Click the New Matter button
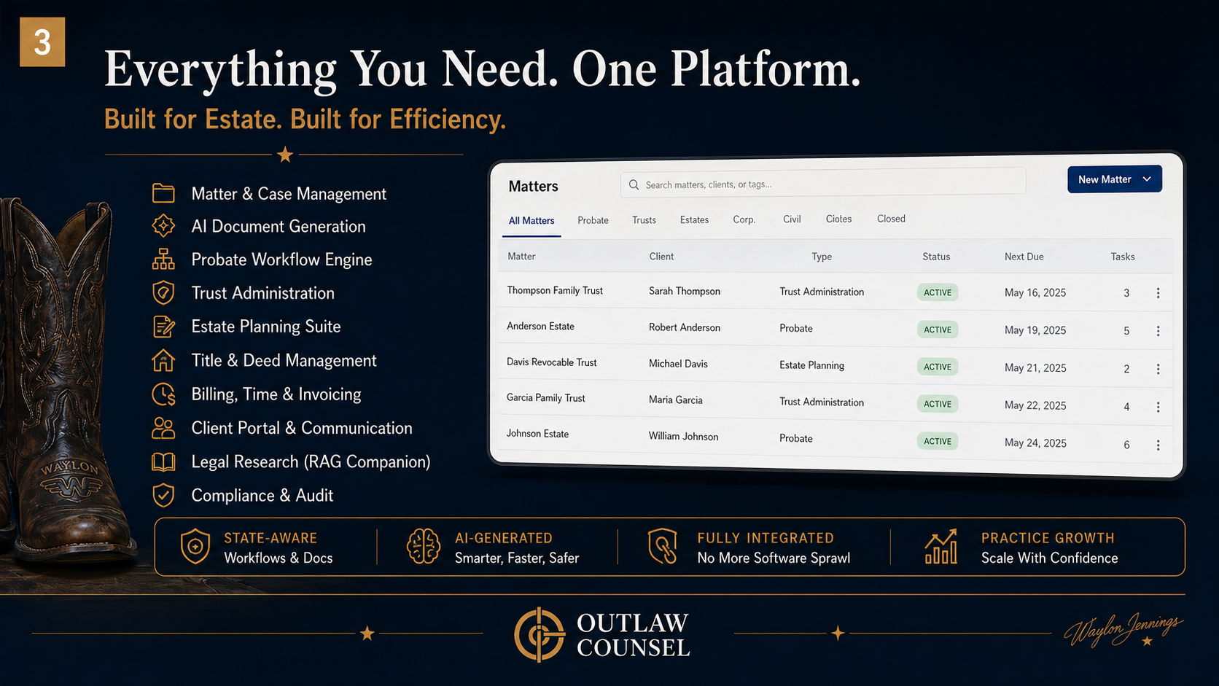pos(1114,179)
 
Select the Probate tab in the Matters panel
pos(593,220)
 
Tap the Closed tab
pos(891,219)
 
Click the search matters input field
pos(824,184)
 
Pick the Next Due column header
pos(1024,257)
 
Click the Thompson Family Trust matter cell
pos(555,290)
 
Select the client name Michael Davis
pos(678,364)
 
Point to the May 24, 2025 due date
pos(1035,443)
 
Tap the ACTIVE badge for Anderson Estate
pos(938,330)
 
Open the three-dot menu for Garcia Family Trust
pos(1158,407)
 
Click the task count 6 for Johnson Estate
pos(1126,445)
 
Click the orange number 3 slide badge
pos(42,42)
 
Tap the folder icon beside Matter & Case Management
pos(163,193)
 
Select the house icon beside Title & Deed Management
pos(163,360)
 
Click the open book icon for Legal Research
pos(163,461)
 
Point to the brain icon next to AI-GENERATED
pos(424,547)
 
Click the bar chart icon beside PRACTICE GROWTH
pos(940,547)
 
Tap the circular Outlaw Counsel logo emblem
pos(540,634)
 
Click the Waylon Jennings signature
pos(1123,629)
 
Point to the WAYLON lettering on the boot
pos(69,467)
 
